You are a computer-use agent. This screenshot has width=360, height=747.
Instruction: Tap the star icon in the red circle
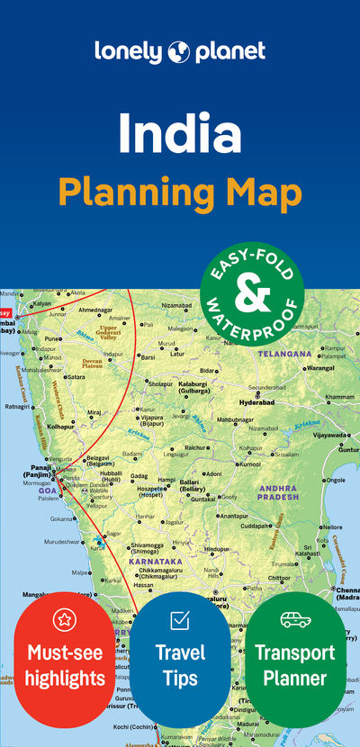click(x=64, y=618)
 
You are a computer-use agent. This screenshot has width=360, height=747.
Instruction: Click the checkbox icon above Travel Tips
click(x=180, y=619)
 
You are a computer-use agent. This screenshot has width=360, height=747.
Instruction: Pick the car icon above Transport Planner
click(x=295, y=619)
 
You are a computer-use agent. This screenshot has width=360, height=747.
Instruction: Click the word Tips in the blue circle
click(x=180, y=677)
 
